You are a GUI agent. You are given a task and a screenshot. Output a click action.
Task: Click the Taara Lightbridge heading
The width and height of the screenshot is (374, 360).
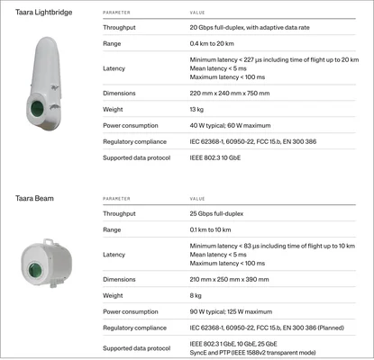[42, 13]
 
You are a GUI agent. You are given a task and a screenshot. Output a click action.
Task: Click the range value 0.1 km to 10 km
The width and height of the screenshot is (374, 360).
[214, 229]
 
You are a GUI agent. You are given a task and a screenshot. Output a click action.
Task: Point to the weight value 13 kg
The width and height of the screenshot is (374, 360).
[197, 109]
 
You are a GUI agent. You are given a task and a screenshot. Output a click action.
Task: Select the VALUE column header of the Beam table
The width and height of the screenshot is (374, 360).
[197, 199]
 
